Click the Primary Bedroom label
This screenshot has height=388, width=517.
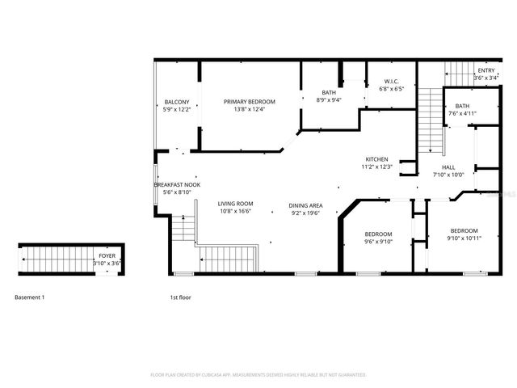[250, 101]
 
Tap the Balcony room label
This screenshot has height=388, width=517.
[176, 101]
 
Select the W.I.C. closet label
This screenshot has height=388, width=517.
[390, 81]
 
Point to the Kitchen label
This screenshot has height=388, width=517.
[376, 159]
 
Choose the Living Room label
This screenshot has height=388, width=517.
[236, 205]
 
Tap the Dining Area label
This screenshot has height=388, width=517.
[306, 205]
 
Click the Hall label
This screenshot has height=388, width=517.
[448, 167]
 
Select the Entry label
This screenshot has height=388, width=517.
[485, 70]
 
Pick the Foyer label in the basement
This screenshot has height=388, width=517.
[106, 255]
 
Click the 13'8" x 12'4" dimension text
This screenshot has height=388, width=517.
[250, 109]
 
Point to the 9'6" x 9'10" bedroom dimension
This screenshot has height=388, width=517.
[377, 240]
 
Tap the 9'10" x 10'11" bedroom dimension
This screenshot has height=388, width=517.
[464, 238]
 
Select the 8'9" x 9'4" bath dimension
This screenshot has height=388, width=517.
[329, 100]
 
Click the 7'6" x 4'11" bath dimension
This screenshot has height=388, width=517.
[462, 113]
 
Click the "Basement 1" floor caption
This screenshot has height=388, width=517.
[30, 297]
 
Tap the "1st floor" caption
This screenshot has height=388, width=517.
[180, 297]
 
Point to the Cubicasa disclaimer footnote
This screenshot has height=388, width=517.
[258, 375]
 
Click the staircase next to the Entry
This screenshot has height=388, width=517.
[431, 121]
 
